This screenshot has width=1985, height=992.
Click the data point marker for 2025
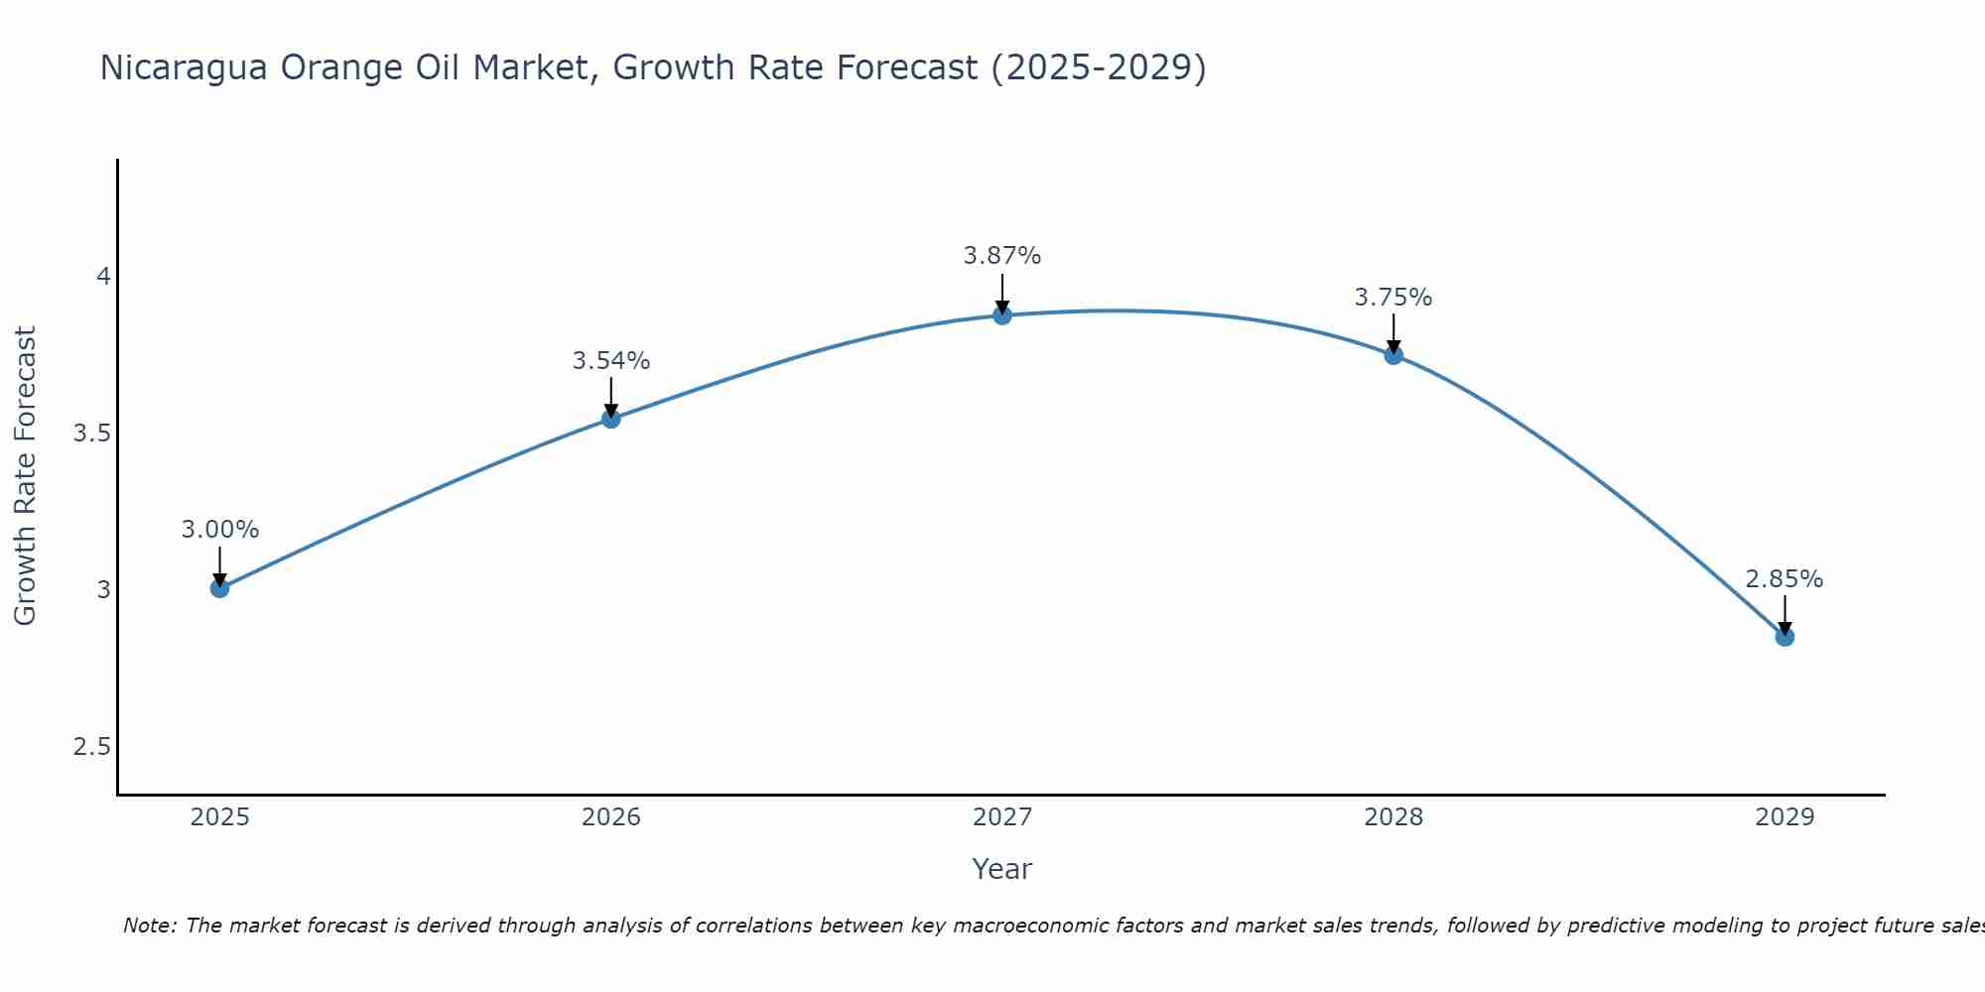point(220,588)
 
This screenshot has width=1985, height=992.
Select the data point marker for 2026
point(611,419)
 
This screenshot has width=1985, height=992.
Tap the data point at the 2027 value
point(1002,315)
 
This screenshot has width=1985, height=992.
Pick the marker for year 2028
point(1393,355)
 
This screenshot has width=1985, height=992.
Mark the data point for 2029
point(1785,637)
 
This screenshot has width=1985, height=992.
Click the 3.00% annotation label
point(220,530)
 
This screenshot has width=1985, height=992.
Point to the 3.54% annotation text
point(611,361)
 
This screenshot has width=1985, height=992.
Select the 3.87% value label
point(1002,256)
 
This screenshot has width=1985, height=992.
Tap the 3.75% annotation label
point(1393,298)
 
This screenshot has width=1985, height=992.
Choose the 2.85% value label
point(1785,579)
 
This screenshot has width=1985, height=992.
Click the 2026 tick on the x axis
point(611,817)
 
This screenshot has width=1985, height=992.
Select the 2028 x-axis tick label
point(1393,817)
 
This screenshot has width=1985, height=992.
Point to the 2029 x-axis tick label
point(1785,817)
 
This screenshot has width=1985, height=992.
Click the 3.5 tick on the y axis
point(91,434)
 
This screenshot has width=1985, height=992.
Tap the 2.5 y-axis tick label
point(91,747)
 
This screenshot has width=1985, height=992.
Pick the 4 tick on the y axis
point(103,277)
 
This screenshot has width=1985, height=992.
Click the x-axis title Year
point(1002,869)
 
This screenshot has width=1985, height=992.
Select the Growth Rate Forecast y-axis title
point(26,476)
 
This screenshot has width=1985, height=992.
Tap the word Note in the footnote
point(149,926)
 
